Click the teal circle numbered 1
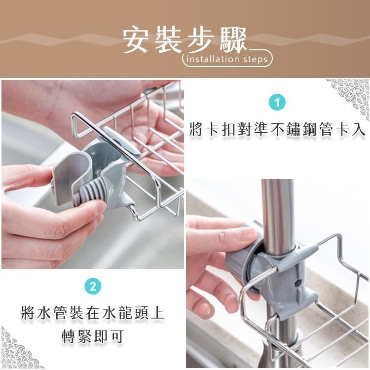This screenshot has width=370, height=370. (278, 103)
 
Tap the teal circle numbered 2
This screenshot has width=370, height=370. (92, 286)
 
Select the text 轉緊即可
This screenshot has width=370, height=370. (92, 337)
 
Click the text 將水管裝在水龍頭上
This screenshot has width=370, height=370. (92, 313)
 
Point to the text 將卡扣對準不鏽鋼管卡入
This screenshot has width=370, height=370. (278, 130)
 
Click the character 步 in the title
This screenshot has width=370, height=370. (200, 40)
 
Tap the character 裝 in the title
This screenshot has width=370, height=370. (169, 40)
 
